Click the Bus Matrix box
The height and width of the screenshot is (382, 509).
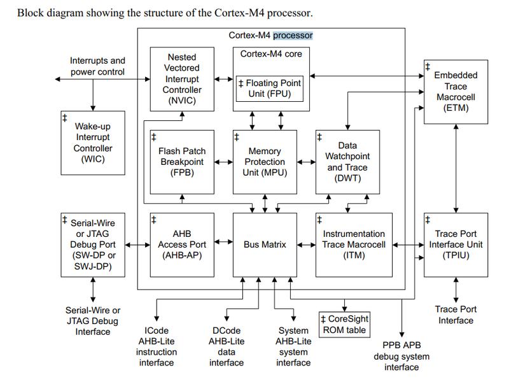[x=265, y=245]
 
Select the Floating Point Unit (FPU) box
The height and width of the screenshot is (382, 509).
[x=270, y=88]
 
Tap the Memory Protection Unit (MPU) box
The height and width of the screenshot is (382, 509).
[x=265, y=162]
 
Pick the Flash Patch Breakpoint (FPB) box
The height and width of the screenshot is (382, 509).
[x=182, y=162]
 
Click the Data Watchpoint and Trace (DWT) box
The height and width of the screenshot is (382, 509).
[x=347, y=162]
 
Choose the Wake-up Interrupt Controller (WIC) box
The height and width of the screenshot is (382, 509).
[x=93, y=143]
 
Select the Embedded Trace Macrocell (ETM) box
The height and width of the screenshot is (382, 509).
[x=456, y=92]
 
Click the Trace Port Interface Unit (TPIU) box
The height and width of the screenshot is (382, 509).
[x=456, y=245]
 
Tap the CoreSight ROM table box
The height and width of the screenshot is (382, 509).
[x=344, y=325]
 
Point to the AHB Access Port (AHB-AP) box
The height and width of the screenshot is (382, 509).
[x=182, y=245]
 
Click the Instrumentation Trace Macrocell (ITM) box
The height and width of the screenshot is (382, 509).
[x=354, y=245]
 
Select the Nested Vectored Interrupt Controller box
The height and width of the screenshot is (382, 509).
[x=182, y=79]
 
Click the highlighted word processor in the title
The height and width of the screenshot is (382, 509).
[x=293, y=36]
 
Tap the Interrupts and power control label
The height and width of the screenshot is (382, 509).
[x=98, y=66]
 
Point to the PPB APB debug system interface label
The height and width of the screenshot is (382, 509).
[x=401, y=356]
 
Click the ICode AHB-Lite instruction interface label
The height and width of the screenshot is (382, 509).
[x=157, y=346]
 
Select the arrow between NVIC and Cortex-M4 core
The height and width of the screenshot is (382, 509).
[x=224, y=79]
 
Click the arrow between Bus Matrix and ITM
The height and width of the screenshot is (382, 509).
[x=307, y=245]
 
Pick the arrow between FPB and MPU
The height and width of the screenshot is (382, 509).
[x=224, y=162]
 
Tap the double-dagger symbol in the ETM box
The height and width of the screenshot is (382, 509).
[x=428, y=67]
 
